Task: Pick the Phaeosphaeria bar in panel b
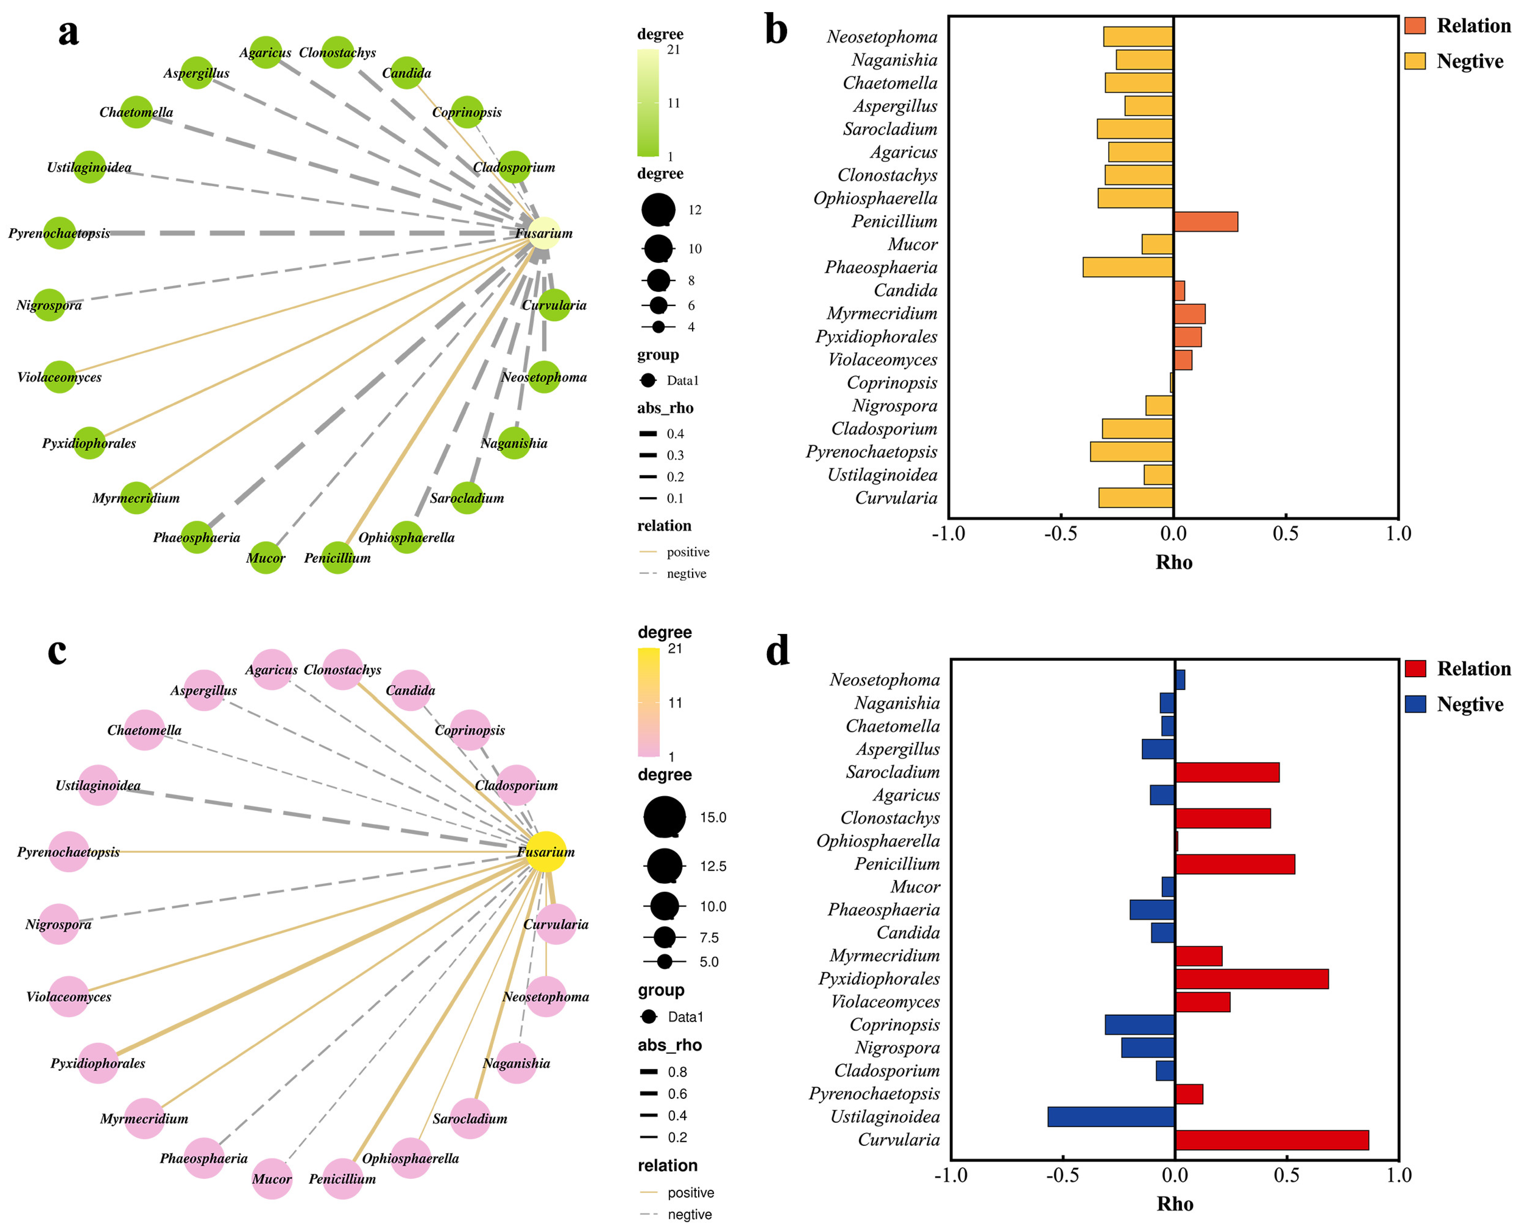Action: coord(1127,267)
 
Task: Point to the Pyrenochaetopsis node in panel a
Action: coord(60,233)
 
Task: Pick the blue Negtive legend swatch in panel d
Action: coord(1415,704)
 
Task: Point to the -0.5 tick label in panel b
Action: coord(1061,534)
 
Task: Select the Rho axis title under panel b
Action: coord(1173,562)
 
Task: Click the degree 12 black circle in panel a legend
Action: coord(658,210)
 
